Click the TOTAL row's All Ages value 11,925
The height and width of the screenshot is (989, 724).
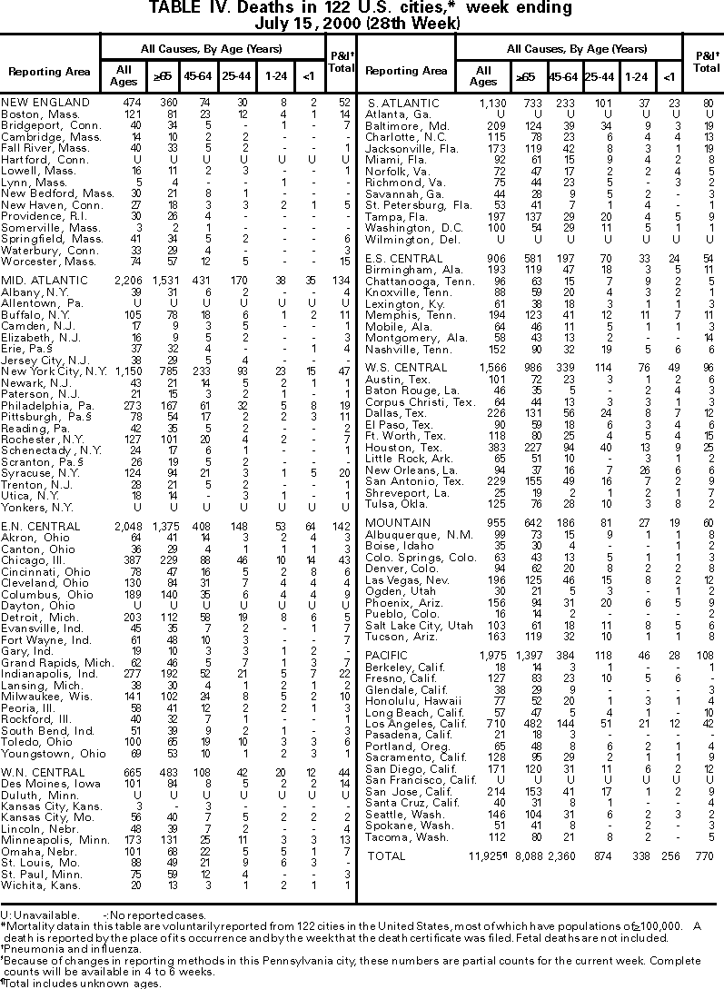[x=485, y=855]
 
